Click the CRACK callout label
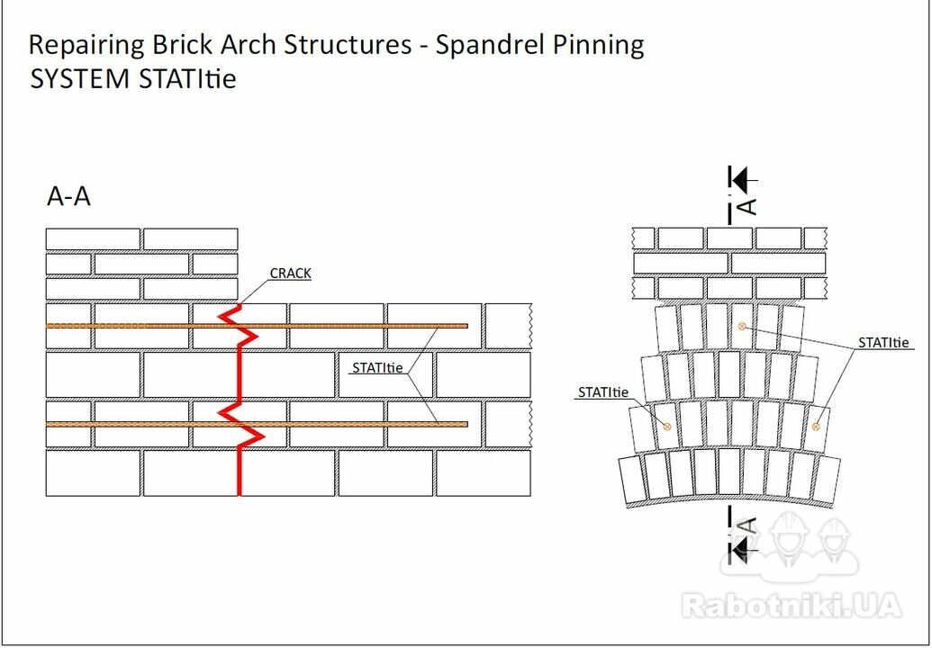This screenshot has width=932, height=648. (x=290, y=274)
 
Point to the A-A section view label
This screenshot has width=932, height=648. (x=69, y=196)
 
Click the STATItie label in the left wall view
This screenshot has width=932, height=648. (x=377, y=368)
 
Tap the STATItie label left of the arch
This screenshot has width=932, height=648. (x=602, y=392)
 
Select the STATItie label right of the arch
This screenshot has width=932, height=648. (x=883, y=343)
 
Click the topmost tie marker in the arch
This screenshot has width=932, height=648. (x=741, y=326)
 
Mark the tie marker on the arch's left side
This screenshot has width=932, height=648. (x=667, y=426)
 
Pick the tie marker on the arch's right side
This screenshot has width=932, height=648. (x=816, y=426)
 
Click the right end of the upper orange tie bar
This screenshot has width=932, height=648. (x=467, y=326)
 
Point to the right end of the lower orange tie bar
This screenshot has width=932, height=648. (x=467, y=424)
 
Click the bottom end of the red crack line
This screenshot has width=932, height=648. (x=239, y=494)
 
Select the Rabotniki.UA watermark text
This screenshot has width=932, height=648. (x=792, y=606)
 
